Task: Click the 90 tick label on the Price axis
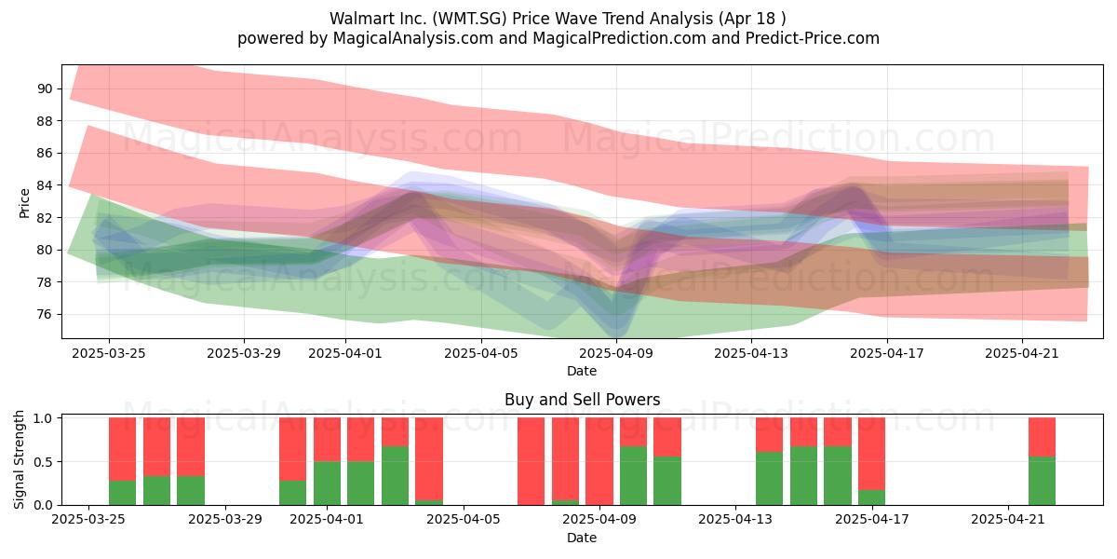point(45,89)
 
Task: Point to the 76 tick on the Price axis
point(45,315)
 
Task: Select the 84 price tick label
point(45,185)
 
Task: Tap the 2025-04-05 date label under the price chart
point(481,353)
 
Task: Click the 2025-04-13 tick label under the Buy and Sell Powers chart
point(735,519)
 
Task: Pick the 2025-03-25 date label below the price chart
point(109,353)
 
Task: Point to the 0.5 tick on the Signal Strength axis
point(45,462)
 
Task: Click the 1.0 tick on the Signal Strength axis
point(45,418)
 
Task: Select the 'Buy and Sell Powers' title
point(582,400)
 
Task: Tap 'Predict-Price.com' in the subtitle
point(813,38)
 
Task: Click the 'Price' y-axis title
point(24,203)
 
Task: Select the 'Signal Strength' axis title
point(19,459)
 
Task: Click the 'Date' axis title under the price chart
point(582,371)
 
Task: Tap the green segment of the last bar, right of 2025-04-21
point(1042,481)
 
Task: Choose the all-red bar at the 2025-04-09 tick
point(599,461)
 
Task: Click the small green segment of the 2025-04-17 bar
point(871,498)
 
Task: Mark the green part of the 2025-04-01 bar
point(327,484)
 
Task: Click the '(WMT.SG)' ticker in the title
point(470,19)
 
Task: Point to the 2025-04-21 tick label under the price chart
point(1022,353)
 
